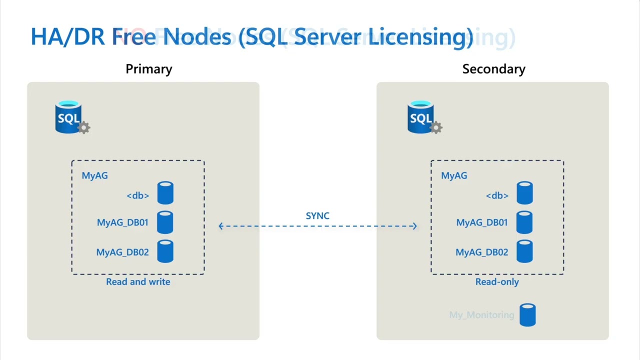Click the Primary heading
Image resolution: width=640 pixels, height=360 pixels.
pyautogui.click(x=148, y=69)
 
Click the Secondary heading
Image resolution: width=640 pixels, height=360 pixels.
pyautogui.click(x=493, y=69)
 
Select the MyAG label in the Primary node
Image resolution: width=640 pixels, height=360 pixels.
pyautogui.click(x=94, y=175)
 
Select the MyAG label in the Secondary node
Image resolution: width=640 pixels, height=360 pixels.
pyautogui.click(x=454, y=175)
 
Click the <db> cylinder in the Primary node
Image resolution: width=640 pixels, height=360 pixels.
pyautogui.click(x=165, y=193)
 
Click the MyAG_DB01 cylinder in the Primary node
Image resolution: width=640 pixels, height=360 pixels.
pyautogui.click(x=165, y=222)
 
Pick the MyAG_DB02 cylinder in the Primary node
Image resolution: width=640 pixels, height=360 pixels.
pyautogui.click(x=165, y=251)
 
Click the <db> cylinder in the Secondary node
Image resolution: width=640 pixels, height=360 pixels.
pyautogui.click(x=524, y=193)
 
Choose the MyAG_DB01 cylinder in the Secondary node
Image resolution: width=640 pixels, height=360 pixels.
pyautogui.click(x=524, y=222)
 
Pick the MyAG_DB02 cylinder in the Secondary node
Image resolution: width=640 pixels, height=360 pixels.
pyautogui.click(x=524, y=251)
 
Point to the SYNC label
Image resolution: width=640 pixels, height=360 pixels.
pyautogui.click(x=317, y=215)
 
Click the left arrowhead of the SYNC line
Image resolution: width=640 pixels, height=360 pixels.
pyautogui.click(x=221, y=226)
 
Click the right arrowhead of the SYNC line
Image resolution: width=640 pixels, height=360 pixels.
pyautogui.click(x=414, y=226)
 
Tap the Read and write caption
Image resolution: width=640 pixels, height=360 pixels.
pyautogui.click(x=138, y=282)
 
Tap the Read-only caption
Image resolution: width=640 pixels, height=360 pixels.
pyautogui.click(x=497, y=282)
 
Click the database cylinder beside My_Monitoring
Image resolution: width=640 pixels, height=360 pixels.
pyautogui.click(x=527, y=315)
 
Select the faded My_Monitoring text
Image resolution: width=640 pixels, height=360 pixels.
pyautogui.click(x=481, y=315)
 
